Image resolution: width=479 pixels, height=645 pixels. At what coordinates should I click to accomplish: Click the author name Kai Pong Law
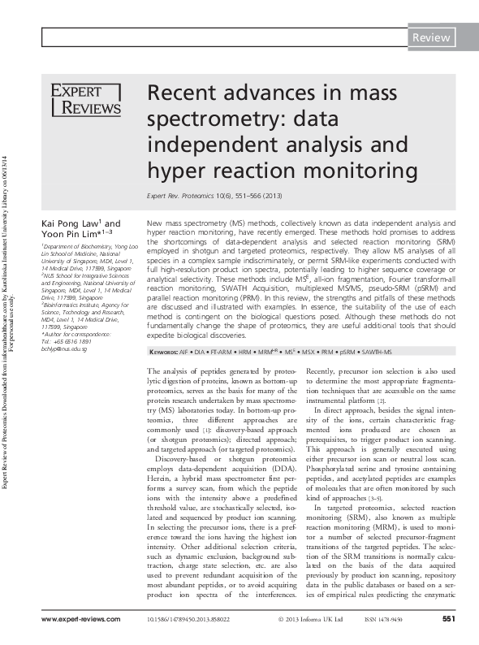click(72, 223)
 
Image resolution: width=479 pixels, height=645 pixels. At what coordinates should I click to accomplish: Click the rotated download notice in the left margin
click(8, 322)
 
